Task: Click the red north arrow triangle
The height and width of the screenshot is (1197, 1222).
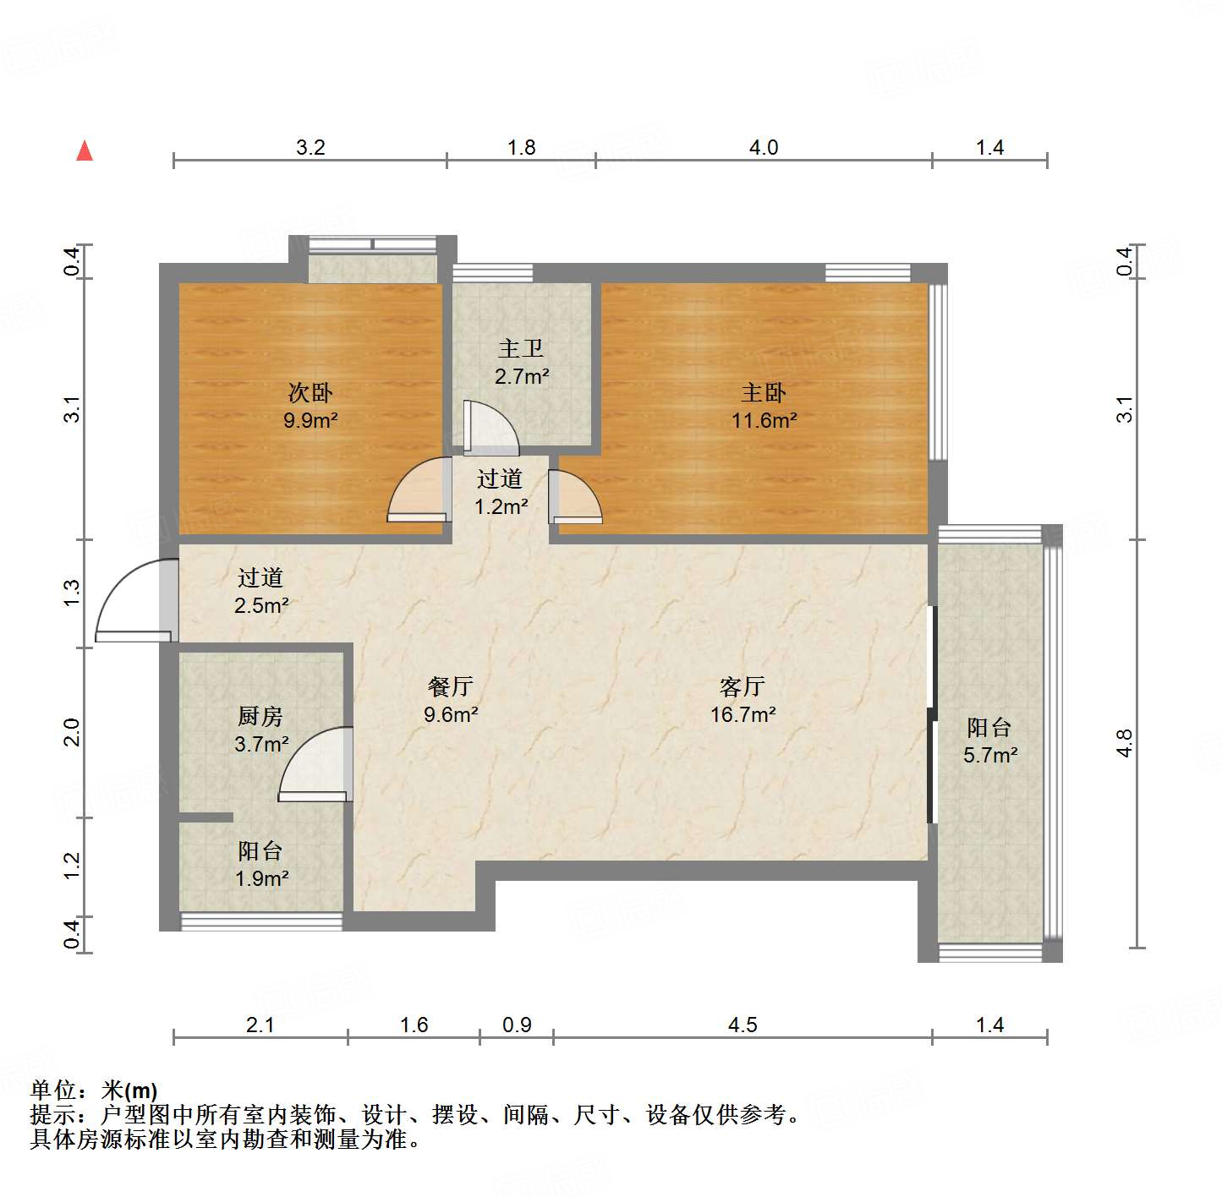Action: click(85, 151)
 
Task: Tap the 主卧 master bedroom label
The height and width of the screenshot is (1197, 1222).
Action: click(763, 393)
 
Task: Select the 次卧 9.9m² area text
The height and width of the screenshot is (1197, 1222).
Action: click(310, 420)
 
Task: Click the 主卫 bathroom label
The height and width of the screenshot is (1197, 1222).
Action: click(521, 348)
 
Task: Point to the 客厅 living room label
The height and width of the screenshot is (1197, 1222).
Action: click(743, 686)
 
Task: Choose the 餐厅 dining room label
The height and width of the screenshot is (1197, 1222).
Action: click(450, 686)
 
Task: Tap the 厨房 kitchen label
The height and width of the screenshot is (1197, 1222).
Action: click(260, 717)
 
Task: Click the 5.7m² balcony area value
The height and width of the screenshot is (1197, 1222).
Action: click(990, 755)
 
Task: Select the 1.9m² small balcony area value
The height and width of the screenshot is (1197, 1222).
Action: click(261, 879)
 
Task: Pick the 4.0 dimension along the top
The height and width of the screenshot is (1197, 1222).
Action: click(763, 148)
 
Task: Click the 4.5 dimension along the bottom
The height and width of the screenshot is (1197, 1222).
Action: click(742, 1025)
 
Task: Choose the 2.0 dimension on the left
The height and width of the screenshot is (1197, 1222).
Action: click(72, 731)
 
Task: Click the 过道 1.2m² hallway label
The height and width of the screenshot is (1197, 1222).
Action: click(501, 493)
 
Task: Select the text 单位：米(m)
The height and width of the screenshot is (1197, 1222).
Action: click(94, 1090)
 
